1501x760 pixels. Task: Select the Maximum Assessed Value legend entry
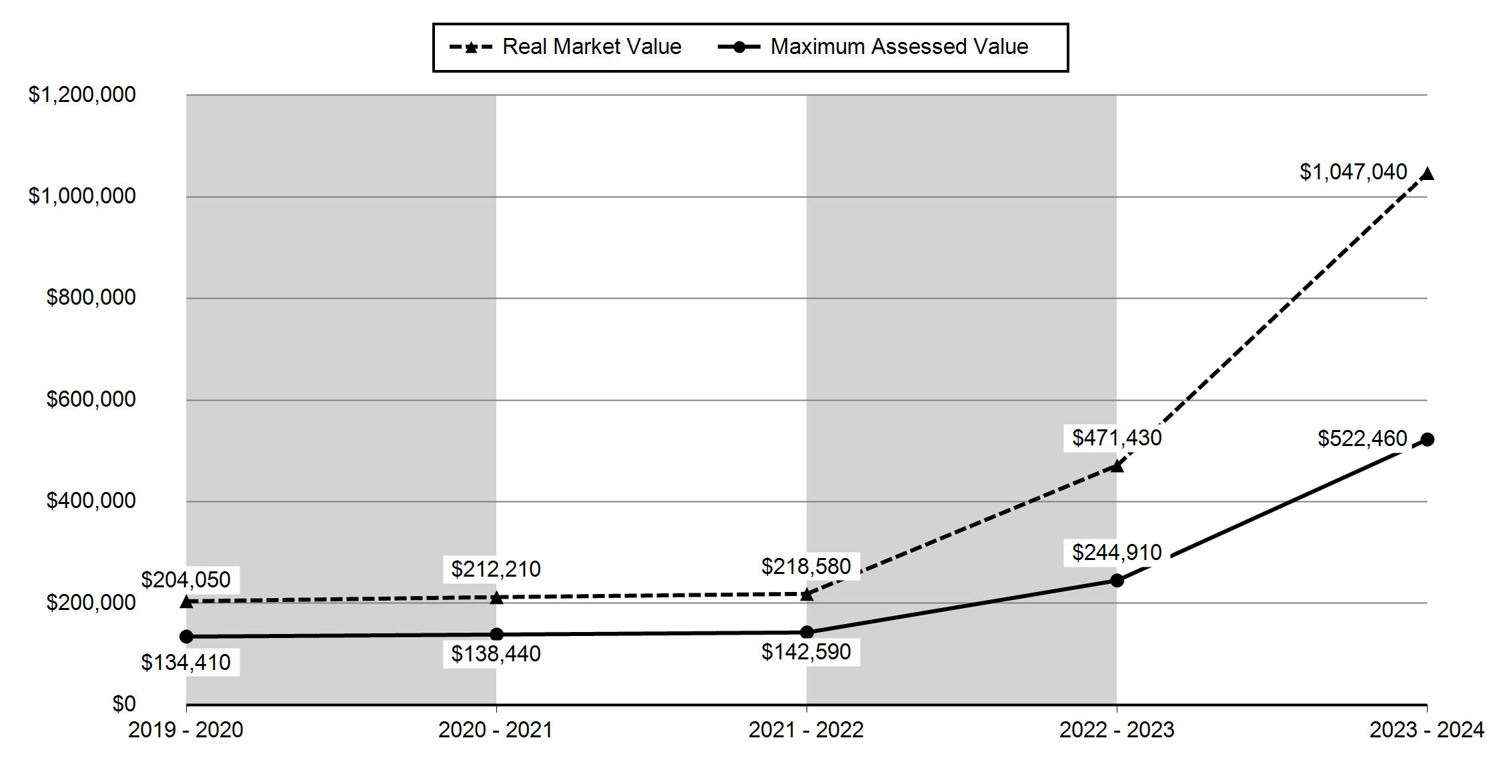point(873,47)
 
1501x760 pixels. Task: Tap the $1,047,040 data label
point(1354,172)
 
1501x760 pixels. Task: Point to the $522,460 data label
point(1362,439)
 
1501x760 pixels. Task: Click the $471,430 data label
point(1117,438)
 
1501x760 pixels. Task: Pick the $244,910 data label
point(1117,553)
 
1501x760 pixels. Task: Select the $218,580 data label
point(806,567)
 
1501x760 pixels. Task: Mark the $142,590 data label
point(806,652)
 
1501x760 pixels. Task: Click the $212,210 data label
point(496,569)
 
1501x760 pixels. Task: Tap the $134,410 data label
point(185,663)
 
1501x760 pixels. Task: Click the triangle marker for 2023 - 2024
point(1427,175)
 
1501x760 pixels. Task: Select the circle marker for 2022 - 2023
point(1117,581)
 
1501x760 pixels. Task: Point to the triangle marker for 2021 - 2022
point(807,594)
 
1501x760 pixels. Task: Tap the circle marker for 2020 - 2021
point(496,634)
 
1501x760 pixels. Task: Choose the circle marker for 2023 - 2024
point(1427,439)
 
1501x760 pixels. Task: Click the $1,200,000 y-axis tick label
point(82,95)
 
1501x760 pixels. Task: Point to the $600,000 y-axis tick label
point(91,399)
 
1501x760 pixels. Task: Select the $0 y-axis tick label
point(124,704)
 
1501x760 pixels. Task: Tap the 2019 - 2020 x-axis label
point(185,731)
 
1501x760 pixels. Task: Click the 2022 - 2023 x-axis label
point(1117,731)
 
